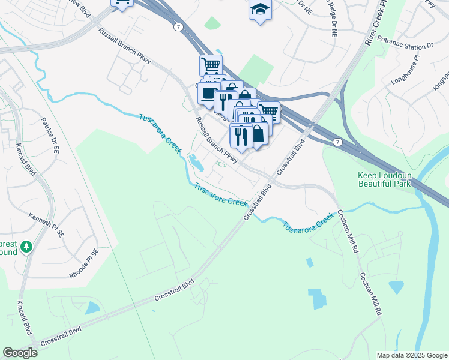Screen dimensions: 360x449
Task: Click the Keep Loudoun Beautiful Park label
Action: pos(385,179)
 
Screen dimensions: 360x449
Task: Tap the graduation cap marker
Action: pos(260,10)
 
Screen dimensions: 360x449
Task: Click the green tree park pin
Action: pos(26,247)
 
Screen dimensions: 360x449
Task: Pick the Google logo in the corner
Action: pos(20,353)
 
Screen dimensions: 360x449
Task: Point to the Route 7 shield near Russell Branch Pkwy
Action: pos(178,27)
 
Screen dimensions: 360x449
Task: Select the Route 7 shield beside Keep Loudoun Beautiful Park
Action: pos(338,142)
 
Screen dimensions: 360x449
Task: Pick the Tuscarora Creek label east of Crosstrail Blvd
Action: pos(308,224)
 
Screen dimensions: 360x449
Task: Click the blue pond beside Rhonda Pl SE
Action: pos(92,308)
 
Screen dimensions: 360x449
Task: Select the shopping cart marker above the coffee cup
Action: pos(211,64)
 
